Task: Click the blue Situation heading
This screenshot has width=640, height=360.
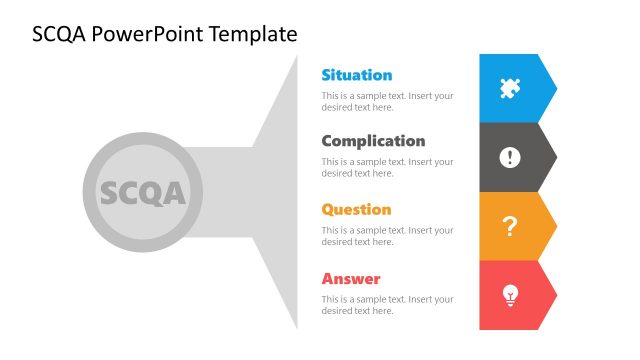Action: click(x=356, y=75)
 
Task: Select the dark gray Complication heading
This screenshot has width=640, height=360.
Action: click(x=373, y=141)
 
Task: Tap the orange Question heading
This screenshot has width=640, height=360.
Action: click(x=356, y=210)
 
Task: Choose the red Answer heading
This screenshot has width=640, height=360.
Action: click(x=351, y=279)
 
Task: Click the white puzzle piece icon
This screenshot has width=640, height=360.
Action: click(x=510, y=88)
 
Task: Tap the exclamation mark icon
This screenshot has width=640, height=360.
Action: click(x=510, y=157)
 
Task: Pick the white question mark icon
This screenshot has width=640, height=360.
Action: click(x=510, y=226)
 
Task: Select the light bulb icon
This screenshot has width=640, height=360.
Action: click(x=510, y=295)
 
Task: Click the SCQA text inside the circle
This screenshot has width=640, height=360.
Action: click(x=143, y=193)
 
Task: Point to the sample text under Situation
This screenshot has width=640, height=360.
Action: click(x=387, y=101)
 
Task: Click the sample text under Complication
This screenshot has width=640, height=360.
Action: click(x=387, y=167)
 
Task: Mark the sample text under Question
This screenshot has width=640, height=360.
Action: click(x=387, y=236)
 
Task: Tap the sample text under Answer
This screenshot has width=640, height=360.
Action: click(x=387, y=305)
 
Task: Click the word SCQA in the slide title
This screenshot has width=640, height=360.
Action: click(x=57, y=35)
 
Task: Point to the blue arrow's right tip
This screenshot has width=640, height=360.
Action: click(x=555, y=88)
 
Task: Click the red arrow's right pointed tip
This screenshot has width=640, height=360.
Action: click(x=555, y=295)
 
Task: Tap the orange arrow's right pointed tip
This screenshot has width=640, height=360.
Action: click(x=555, y=226)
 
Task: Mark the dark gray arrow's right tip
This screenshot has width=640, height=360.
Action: click(x=555, y=157)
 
